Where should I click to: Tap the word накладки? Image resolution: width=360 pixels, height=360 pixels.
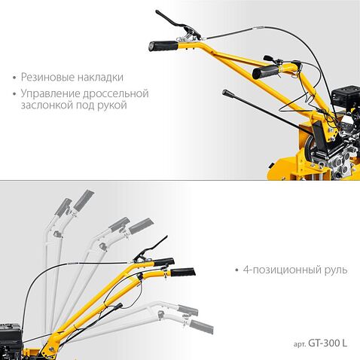tap(100, 78)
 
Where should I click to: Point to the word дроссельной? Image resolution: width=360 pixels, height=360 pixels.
tap(119, 94)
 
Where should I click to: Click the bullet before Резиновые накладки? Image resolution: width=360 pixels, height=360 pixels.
tap(15, 78)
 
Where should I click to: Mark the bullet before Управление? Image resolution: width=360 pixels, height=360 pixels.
tap(15, 94)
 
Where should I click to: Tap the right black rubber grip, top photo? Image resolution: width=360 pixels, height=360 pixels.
tap(264, 72)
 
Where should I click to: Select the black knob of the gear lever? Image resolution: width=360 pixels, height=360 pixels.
tap(226, 93)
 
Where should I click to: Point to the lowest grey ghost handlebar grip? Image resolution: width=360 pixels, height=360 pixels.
tap(200, 326)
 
